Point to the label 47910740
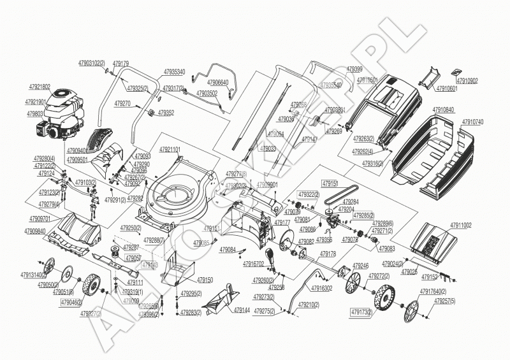click(x=472, y=122)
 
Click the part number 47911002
click(x=461, y=226)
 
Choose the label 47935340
click(x=174, y=72)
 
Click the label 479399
click(x=354, y=69)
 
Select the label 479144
click(x=242, y=310)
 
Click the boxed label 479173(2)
click(x=361, y=312)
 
